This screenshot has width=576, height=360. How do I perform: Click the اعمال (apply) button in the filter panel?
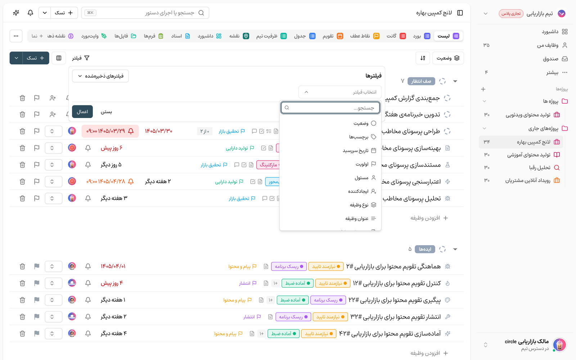tap(82, 112)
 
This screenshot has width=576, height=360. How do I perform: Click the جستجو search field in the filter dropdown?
tap(330, 108)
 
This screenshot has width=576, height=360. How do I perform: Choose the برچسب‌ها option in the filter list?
tap(363, 137)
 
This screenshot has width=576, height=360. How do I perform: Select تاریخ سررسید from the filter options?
tap(359, 151)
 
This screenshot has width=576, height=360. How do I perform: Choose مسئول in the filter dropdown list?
tap(365, 178)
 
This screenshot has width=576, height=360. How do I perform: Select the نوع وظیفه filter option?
tap(363, 205)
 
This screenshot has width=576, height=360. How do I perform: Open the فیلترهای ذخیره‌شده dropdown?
tap(100, 76)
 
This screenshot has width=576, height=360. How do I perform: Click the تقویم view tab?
tap(333, 36)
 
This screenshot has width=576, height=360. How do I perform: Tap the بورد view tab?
tap(422, 36)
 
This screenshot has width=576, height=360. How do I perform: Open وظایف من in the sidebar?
tap(552, 45)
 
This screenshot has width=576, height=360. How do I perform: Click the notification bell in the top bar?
tap(30, 13)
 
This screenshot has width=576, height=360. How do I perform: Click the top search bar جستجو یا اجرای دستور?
tap(145, 13)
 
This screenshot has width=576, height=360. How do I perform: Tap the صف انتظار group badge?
tap(421, 81)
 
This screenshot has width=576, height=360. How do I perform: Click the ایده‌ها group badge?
tap(425, 249)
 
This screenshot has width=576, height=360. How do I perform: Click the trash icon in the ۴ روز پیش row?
tap(22, 283)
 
